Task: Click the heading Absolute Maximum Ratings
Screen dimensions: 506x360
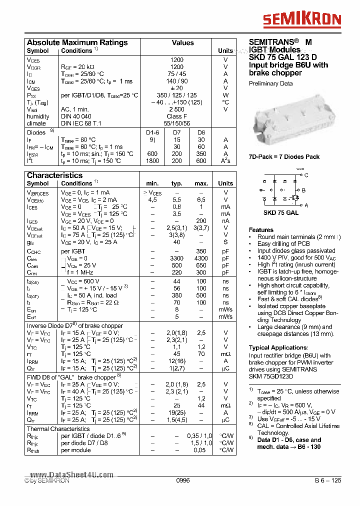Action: (x=77, y=43)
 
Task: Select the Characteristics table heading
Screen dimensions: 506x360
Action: (x=54, y=175)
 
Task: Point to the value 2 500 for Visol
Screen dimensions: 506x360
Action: (x=176, y=109)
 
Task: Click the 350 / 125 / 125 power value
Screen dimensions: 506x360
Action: (x=176, y=95)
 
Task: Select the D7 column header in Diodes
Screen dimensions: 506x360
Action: (x=177, y=132)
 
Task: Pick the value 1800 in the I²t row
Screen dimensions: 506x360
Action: (x=152, y=161)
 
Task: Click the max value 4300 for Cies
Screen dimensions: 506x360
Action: (x=201, y=258)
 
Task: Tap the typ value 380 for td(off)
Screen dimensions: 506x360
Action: (x=176, y=295)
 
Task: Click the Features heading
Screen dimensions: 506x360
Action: (x=261, y=229)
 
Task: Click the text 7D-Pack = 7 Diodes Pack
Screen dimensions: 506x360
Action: (x=284, y=157)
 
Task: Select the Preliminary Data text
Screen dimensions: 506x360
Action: (x=270, y=83)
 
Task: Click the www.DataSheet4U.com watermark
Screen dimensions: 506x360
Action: (x=71, y=475)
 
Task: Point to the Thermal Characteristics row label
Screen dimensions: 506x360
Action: (x=58, y=428)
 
